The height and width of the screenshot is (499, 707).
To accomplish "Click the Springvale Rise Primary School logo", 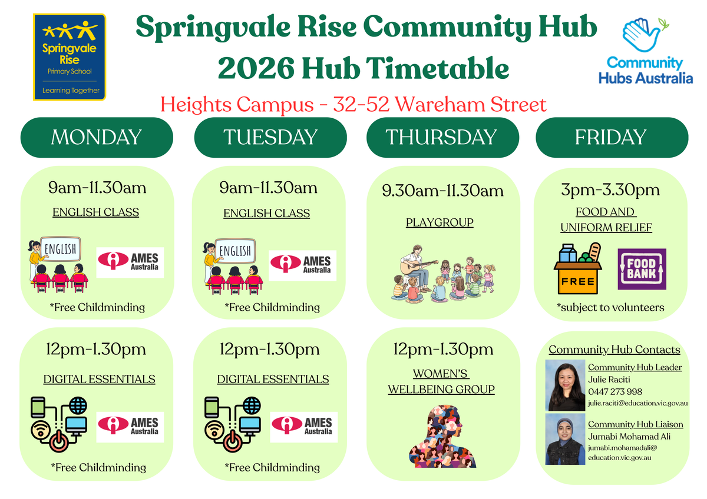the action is click(x=70, y=57).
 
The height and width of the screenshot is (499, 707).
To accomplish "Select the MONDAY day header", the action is click(x=97, y=138).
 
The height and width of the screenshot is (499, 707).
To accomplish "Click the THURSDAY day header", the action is click(x=442, y=138).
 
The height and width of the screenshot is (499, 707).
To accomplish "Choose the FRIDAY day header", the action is click(x=612, y=138).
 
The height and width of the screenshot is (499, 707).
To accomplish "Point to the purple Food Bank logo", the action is click(x=642, y=269).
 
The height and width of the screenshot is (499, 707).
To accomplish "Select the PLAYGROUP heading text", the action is click(x=440, y=222).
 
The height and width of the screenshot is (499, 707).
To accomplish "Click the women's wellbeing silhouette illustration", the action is click(x=442, y=436).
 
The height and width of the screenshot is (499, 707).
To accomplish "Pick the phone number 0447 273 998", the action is click(x=615, y=392).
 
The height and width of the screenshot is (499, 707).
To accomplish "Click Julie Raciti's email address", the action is click(x=638, y=403).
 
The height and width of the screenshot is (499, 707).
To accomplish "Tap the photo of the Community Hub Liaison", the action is click(x=565, y=440).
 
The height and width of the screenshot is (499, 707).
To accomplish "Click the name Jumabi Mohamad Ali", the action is click(x=629, y=437).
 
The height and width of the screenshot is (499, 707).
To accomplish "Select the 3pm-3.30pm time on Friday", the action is click(x=610, y=189).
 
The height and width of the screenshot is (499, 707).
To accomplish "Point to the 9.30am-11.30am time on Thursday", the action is click(x=442, y=191).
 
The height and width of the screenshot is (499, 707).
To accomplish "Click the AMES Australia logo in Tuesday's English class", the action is click(x=302, y=266).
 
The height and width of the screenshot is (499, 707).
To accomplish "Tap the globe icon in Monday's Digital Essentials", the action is click(x=78, y=405).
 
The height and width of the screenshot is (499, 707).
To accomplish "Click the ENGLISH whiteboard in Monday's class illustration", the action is click(x=60, y=249).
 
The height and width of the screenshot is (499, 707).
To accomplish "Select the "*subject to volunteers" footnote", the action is click(x=610, y=307).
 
